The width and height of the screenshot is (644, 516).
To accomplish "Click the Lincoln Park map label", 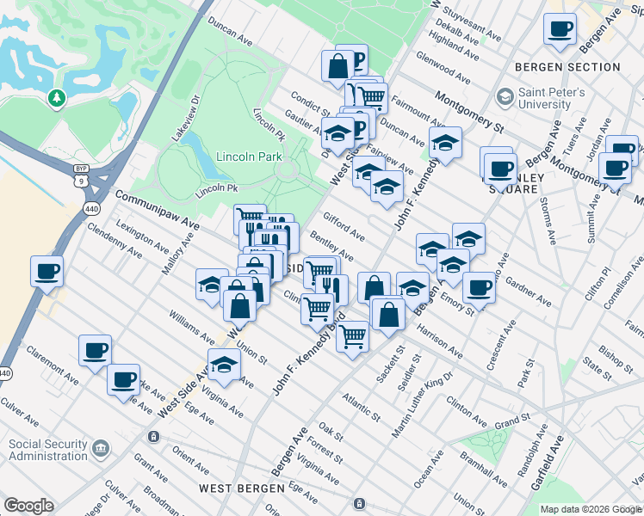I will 249,157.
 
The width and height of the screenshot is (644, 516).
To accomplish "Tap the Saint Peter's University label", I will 551,98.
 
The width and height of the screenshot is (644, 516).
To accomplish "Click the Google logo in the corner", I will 28,506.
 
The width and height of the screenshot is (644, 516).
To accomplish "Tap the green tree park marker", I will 57,99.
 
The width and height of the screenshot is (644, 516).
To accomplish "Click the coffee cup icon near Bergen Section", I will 560,30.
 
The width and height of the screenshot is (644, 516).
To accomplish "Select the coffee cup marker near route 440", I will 46,273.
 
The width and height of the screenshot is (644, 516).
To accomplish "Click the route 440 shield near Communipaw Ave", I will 90,208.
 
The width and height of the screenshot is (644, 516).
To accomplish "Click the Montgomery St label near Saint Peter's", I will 468,111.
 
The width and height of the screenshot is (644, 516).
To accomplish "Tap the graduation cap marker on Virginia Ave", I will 224,364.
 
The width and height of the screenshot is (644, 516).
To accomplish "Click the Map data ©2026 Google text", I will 590,509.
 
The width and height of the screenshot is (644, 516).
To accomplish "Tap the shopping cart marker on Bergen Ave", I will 352,336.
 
